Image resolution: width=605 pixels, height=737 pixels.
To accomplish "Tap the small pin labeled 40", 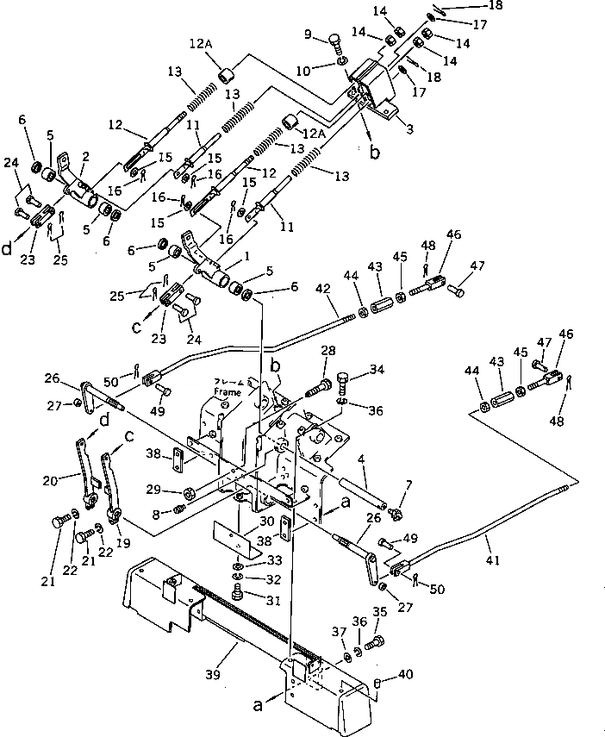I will (x=378, y=684).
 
